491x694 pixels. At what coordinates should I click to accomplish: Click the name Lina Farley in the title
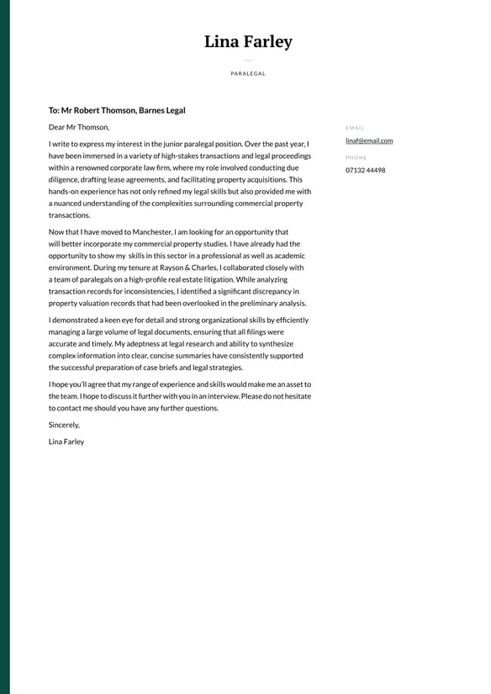click(248, 42)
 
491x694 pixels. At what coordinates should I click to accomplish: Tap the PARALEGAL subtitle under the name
click(248, 74)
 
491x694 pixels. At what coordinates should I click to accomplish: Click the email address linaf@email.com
click(369, 140)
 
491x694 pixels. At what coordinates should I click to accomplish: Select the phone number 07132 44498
click(365, 170)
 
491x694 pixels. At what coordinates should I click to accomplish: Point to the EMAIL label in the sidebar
click(355, 128)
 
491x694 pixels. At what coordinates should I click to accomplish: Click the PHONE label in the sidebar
click(356, 157)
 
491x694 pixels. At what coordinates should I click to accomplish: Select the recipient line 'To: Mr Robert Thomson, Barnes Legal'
click(117, 110)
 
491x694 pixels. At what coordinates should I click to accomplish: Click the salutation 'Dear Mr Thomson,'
click(79, 127)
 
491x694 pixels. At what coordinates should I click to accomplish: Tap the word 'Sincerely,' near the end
click(64, 425)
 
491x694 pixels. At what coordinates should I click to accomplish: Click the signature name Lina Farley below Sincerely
click(66, 442)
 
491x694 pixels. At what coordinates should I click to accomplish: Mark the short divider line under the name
click(248, 61)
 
